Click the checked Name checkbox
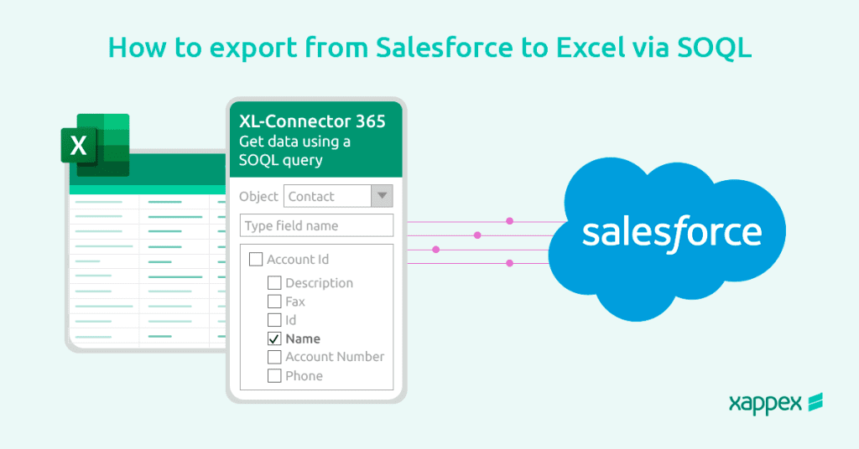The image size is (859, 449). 274,338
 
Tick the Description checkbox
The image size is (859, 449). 274,283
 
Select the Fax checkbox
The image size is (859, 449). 274,302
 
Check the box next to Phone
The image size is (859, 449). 274,376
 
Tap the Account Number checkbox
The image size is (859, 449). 274,357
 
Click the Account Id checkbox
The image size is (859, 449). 256,259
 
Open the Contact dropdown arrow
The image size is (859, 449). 382,196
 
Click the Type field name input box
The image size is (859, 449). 316,225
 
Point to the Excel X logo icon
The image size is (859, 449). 96,145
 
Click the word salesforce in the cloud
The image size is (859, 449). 672,233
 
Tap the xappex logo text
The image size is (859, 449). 765,404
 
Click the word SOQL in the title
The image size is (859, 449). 715,48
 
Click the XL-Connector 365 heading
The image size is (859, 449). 312,121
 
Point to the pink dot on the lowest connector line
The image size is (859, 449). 509,263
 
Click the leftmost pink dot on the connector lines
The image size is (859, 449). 436,250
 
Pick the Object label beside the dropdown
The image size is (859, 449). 258,196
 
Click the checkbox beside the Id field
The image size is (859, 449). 274,320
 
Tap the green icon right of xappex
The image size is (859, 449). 815,402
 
